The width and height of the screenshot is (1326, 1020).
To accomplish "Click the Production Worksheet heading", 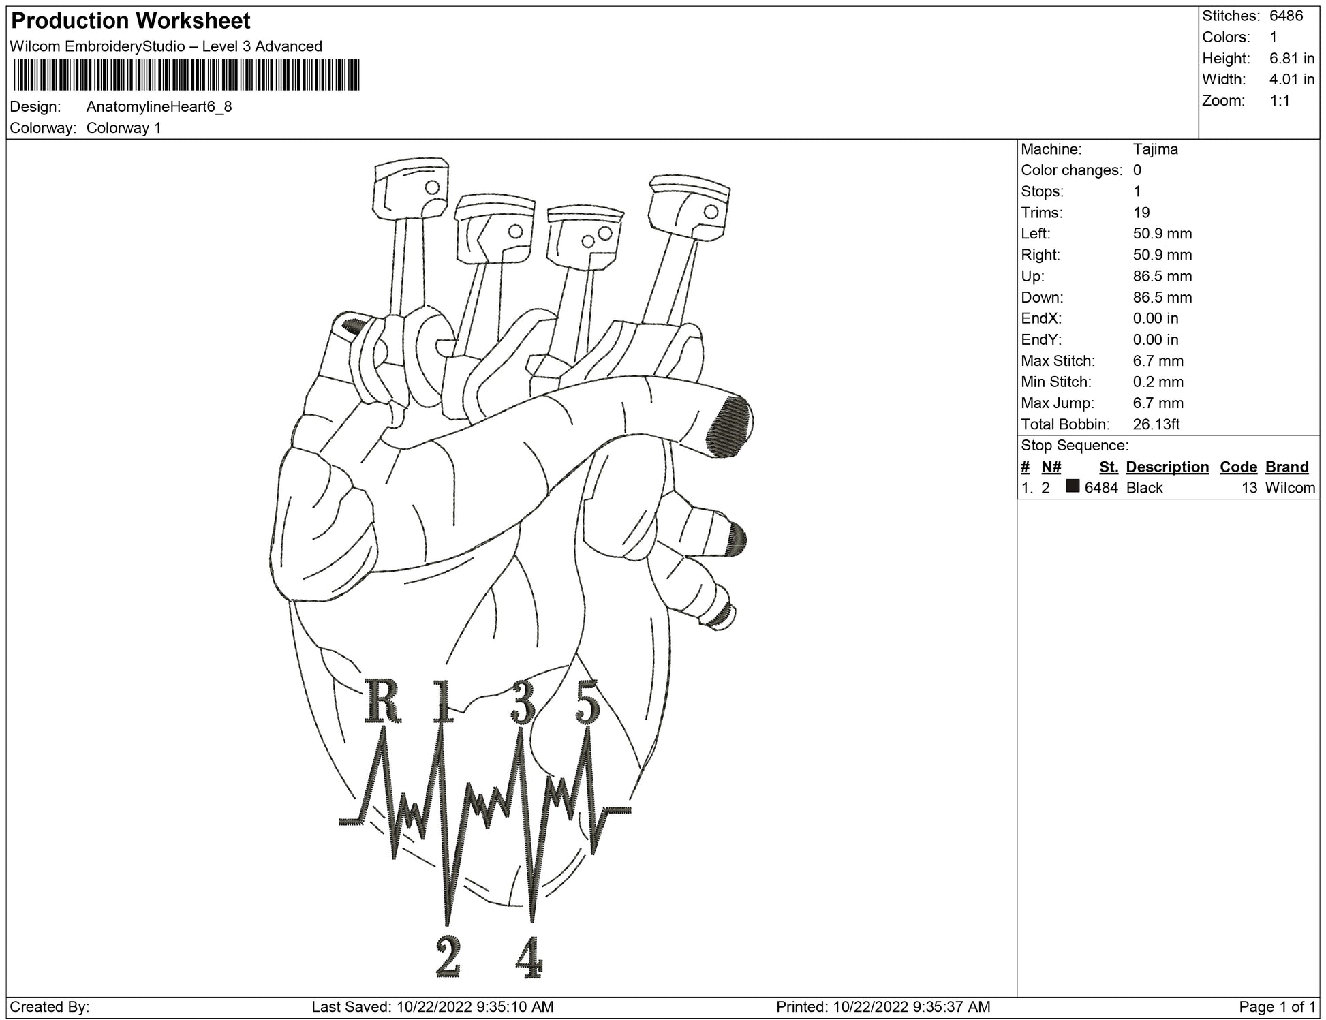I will [x=131, y=21].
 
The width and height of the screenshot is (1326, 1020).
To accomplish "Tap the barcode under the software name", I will [x=185, y=74].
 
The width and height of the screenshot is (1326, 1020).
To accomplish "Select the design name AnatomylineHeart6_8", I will [x=159, y=107].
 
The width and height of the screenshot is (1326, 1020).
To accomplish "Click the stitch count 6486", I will [x=1286, y=16].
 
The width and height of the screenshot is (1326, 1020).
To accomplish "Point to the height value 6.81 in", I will [x=1291, y=59].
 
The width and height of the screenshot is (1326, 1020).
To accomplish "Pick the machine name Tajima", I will [x=1155, y=149].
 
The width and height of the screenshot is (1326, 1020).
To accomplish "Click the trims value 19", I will [x=1141, y=213].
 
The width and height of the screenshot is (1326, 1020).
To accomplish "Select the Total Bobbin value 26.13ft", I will [x=1156, y=424].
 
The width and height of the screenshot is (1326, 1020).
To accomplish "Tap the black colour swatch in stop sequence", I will [x=1073, y=486].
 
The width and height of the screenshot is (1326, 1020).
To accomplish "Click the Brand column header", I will [x=1286, y=467].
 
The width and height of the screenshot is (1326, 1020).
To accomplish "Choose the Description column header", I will [x=1167, y=467].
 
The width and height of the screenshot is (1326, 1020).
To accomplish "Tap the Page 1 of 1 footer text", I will [x=1276, y=1007].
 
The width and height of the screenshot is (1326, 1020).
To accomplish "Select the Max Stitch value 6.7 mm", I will [x=1158, y=361].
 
